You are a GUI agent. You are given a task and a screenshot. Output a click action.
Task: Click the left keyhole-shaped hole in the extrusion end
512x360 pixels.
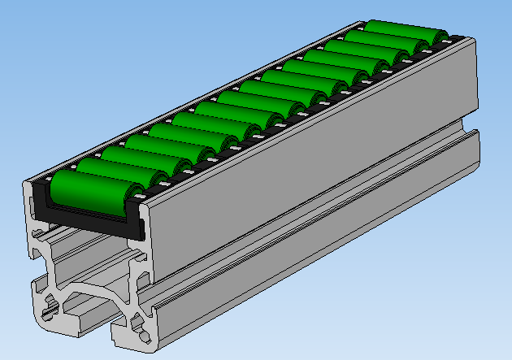pos(50,305)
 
